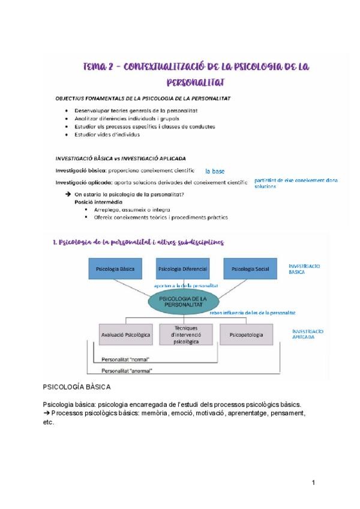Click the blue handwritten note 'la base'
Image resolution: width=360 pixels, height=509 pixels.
215,170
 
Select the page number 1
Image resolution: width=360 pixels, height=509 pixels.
314,483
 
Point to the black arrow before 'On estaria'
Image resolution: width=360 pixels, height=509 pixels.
67,194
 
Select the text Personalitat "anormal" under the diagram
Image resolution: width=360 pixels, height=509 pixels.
127,370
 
